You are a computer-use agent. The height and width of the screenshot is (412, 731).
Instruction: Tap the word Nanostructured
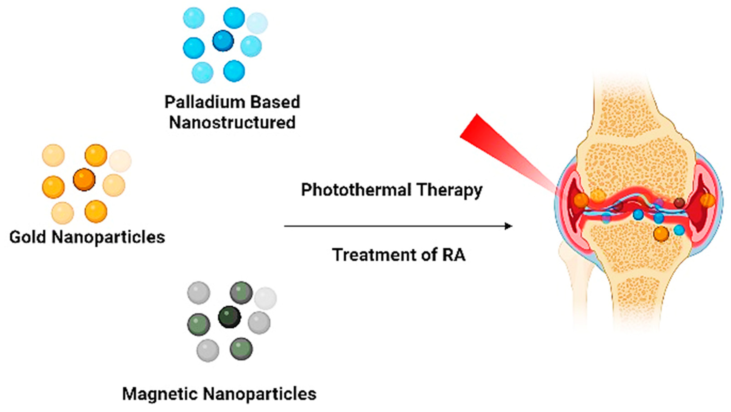232,123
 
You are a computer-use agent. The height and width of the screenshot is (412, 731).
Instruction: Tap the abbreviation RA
453,255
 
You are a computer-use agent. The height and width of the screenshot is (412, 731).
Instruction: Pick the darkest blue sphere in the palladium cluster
223,41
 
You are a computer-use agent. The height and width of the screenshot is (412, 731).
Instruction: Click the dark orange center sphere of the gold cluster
84,180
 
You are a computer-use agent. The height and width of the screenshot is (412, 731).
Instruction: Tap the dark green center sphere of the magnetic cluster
230,317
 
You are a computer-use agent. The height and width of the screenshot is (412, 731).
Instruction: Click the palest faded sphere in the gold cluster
120,161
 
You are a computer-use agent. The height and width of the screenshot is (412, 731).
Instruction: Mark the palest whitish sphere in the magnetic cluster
265,298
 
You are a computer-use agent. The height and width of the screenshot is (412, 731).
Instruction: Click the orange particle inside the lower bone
661,234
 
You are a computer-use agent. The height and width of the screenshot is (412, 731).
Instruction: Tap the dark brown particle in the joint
679,203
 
